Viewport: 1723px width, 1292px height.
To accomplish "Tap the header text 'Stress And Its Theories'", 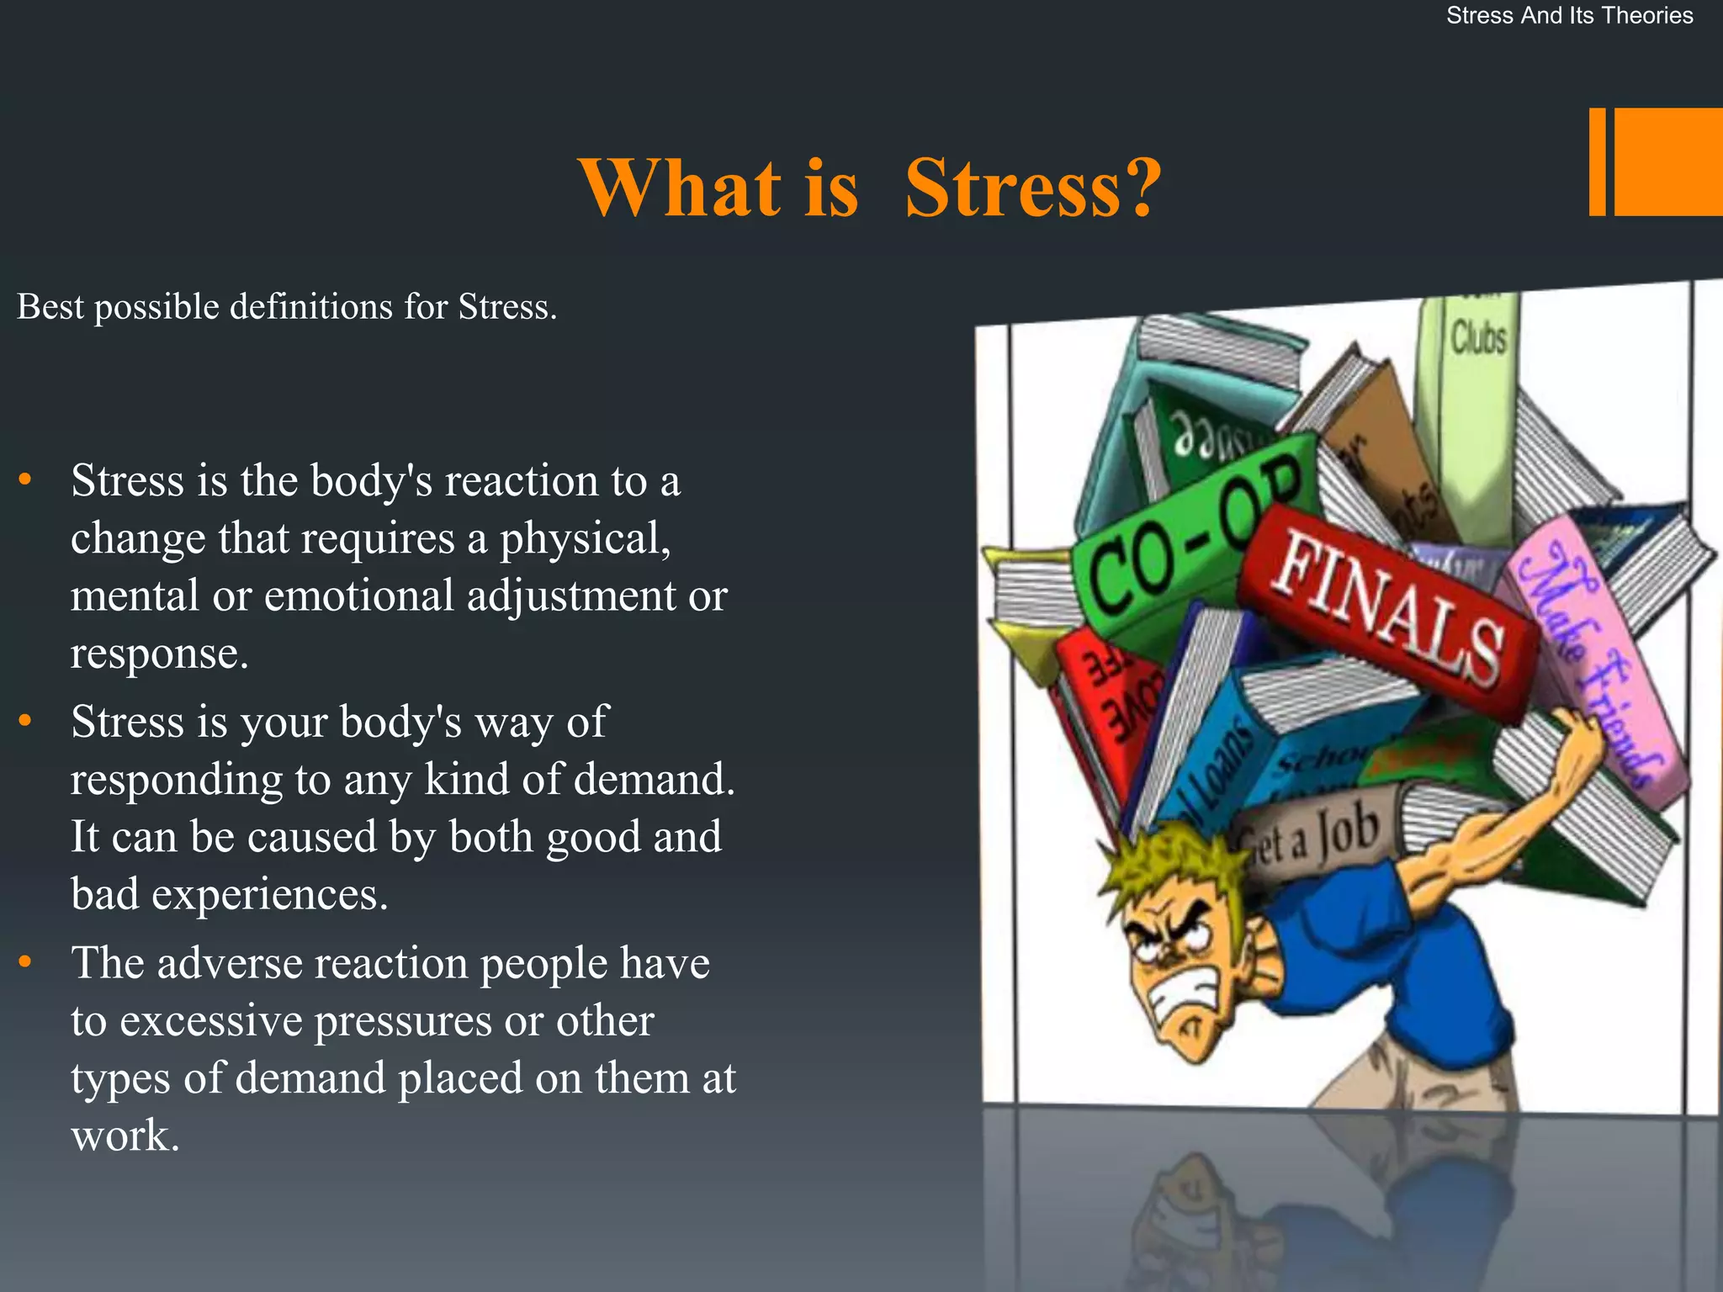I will pos(1569,16).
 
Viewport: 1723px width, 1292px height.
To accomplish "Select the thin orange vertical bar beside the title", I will pos(1597,161).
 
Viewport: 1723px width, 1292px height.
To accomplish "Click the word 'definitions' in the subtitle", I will pos(310,307).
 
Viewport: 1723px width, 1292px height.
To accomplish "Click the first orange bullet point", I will pos(25,479).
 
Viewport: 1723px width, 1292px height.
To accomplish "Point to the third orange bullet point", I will pos(25,961).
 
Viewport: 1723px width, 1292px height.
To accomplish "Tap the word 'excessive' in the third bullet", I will pos(210,1021).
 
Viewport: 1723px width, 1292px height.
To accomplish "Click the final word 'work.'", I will pos(125,1136).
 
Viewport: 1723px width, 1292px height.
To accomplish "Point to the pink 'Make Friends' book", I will pos(1590,665).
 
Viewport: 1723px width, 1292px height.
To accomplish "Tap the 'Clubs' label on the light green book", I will pos(1478,338).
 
